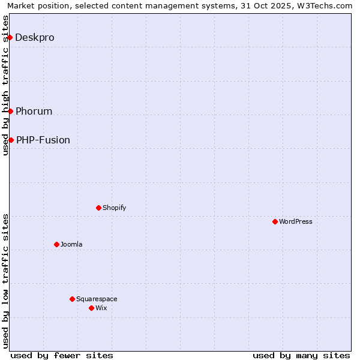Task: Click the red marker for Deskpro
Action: point(10,37)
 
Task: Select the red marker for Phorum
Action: point(10,111)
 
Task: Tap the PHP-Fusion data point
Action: point(11,140)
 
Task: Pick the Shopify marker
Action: point(98,208)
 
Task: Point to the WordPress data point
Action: point(275,221)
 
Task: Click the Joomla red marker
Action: point(56,244)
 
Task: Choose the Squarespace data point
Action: point(72,299)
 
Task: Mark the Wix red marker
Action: point(91,308)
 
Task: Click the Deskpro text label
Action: point(35,37)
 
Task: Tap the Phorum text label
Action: point(34,111)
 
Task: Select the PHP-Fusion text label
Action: point(43,140)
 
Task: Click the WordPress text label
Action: point(296,221)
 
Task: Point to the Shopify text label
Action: point(114,208)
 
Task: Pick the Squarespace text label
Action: point(97,299)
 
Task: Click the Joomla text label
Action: point(71,244)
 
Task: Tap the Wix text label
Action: point(101,308)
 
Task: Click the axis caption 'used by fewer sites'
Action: point(62,355)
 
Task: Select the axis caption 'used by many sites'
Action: point(301,355)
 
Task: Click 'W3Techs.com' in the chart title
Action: point(328,6)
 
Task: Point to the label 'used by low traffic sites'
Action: point(6,281)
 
